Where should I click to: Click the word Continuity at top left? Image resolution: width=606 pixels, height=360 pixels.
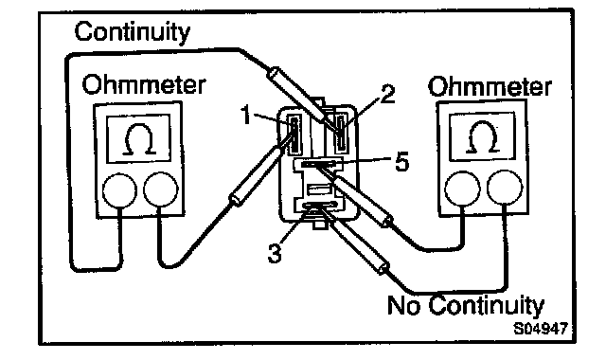coord(133,32)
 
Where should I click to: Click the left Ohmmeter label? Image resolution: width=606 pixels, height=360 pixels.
coord(143,84)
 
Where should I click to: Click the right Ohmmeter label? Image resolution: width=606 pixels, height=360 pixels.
coord(490,86)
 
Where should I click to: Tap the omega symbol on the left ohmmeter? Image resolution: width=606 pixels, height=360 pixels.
coord(139,139)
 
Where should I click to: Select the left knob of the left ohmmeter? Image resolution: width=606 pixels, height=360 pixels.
coord(120,190)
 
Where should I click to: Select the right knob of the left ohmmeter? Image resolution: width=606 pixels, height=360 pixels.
coord(161,189)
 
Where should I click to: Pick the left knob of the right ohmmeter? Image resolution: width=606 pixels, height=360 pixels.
coord(463,189)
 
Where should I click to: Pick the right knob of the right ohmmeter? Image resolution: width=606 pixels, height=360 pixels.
coord(505,188)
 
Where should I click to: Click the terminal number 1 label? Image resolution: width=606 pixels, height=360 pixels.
coord(246,115)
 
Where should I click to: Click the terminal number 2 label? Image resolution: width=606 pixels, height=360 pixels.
coord(387,95)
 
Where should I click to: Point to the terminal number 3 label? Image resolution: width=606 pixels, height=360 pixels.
coord(275,253)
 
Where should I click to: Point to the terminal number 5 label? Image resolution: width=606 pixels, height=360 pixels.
coord(401,162)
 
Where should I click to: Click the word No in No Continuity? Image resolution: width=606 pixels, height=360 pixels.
coord(403,305)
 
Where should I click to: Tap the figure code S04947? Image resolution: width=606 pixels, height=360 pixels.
coord(541,329)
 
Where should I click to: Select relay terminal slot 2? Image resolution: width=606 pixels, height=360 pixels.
coord(341,134)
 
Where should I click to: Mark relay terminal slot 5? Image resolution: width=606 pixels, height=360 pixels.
coord(318,164)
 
